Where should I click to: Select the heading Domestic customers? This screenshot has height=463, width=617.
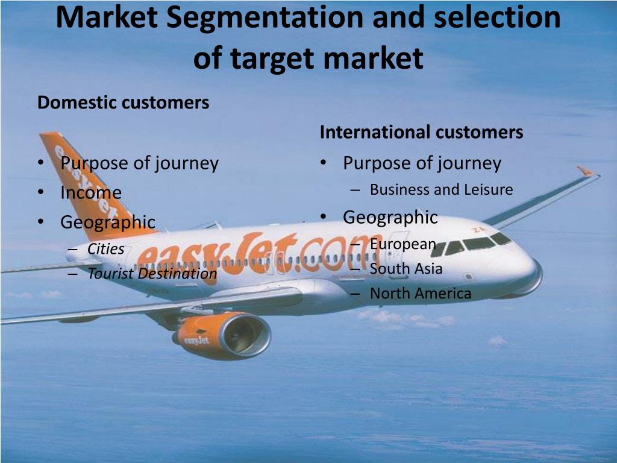pos(123,102)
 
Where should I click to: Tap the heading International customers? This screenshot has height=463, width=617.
pos(421,132)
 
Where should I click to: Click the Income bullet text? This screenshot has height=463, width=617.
pos(91,192)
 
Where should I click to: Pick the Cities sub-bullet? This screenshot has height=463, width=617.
pos(105,249)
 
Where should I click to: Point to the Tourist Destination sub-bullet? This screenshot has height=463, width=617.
pos(152,273)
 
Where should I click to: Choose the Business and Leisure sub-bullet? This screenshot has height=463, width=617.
pos(442,190)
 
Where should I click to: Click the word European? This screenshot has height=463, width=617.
pos(403,245)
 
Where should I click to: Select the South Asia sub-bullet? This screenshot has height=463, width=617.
pos(406,268)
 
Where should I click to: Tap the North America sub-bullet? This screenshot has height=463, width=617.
pos(421,294)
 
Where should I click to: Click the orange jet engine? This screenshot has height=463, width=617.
pos(222,335)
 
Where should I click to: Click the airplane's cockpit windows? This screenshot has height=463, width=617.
pos(470,244)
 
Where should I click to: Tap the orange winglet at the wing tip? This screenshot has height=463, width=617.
pos(585,171)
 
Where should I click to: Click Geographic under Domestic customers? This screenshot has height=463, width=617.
pos(108,222)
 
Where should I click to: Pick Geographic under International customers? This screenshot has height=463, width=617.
pos(390,217)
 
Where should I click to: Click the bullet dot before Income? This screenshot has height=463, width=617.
pos(41,192)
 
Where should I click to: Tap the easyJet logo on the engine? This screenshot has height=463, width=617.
pos(196,340)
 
